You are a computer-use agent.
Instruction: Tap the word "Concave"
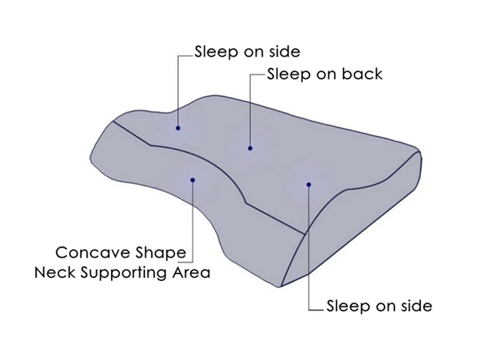(93, 253)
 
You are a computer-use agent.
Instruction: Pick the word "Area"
(192, 273)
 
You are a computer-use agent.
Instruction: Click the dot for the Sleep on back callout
(250, 148)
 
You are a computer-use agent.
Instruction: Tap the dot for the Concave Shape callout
(193, 180)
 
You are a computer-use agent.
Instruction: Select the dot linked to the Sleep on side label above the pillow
(178, 129)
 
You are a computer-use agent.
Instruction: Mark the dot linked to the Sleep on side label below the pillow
(309, 184)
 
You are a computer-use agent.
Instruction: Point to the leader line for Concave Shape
(193, 221)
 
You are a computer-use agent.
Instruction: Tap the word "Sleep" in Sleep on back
(289, 74)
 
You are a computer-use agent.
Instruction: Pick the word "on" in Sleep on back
(326, 74)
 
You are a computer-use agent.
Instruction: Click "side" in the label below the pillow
(416, 306)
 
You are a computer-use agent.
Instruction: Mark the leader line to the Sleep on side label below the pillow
(309, 252)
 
